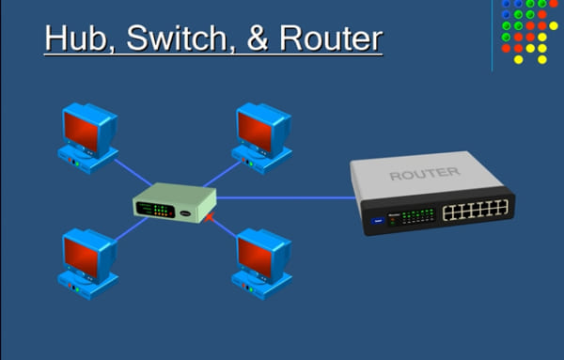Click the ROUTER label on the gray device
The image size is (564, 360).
[424, 173]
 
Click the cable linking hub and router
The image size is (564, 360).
[282, 197]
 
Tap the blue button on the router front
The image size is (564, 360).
[379, 221]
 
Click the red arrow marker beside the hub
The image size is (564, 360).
[211, 219]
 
